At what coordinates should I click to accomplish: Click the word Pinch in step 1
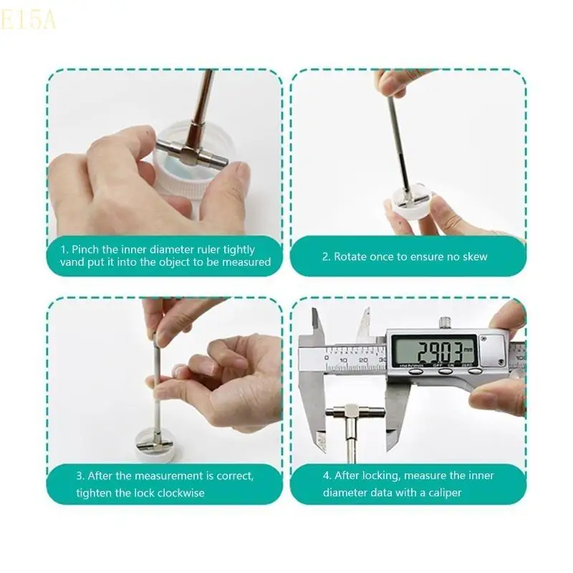85,249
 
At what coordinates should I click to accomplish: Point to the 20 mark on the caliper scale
363,360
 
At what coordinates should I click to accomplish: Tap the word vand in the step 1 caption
72,262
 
